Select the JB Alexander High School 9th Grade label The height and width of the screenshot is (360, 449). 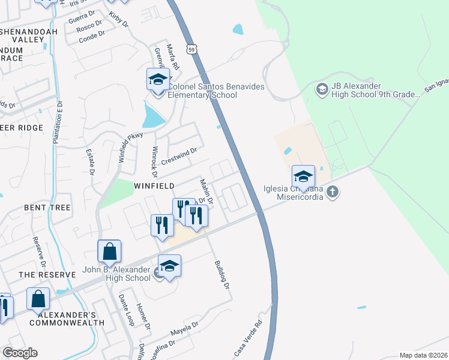[x=367, y=91]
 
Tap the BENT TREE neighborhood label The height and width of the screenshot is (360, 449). [x=47, y=207]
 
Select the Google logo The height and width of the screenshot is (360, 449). [x=20, y=353]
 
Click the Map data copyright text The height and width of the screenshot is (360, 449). [x=423, y=355]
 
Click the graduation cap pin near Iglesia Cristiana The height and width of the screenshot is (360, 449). [x=303, y=177]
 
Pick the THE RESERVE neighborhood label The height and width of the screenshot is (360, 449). [x=47, y=274]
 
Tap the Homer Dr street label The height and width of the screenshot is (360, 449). [x=143, y=317]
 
